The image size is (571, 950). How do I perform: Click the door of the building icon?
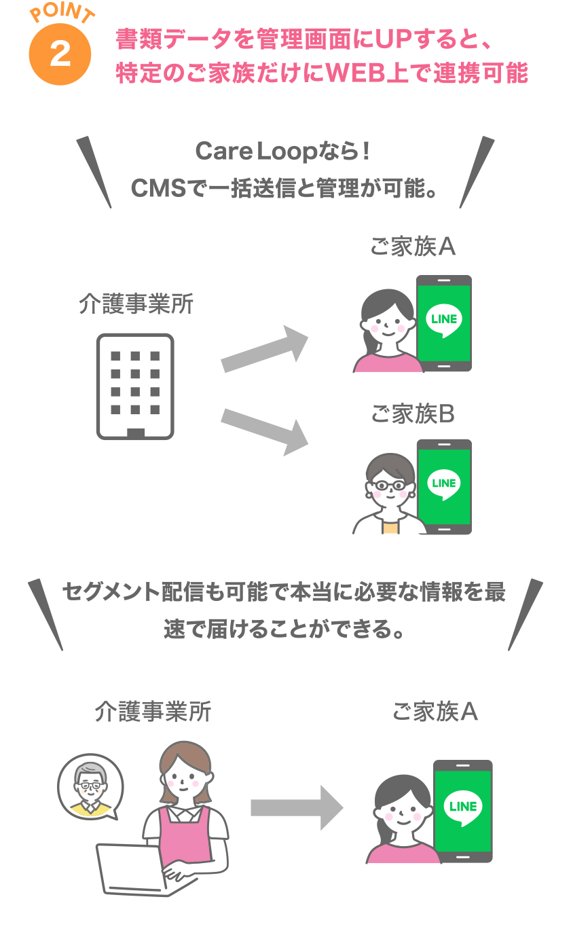pos(135,433)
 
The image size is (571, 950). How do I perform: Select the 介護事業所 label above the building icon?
pos(136,305)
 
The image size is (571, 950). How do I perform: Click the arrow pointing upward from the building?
pos(265,349)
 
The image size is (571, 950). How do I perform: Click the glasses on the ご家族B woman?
pos(389,486)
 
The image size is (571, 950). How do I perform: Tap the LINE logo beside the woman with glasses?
pos(443,484)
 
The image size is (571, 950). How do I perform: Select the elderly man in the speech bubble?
pos(90,785)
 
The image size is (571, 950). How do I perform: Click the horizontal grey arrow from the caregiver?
pos(297,807)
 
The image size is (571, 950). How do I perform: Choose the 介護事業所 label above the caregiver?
pos(153,712)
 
